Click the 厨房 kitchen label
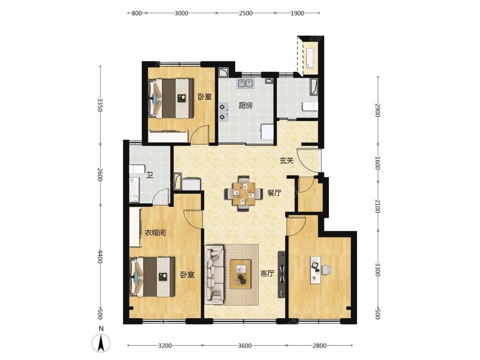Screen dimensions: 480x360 pyautogui.click(x=245, y=106)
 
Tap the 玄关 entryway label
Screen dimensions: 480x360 pyautogui.click(x=287, y=160)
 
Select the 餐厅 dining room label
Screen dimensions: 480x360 pyautogui.click(x=274, y=193)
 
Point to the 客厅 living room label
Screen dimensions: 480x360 pyautogui.click(x=267, y=274)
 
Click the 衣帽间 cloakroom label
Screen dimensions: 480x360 pyautogui.click(x=155, y=233)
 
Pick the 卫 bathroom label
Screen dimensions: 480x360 pyautogui.click(x=150, y=175)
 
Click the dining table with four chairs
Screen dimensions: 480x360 pyautogui.click(x=244, y=193)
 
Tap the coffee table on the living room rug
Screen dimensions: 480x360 pyautogui.click(x=240, y=274)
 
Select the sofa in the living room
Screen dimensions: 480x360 pyautogui.click(x=215, y=274)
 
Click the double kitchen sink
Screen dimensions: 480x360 pyautogui.click(x=245, y=83)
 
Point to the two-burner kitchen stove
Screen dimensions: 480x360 pyautogui.click(x=223, y=112)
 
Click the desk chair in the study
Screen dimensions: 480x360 pyautogui.click(x=326, y=270)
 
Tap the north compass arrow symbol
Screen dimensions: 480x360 pyautogui.click(x=101, y=343)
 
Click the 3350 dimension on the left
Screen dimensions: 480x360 pyautogui.click(x=99, y=105)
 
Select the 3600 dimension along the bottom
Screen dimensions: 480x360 pyautogui.click(x=245, y=346)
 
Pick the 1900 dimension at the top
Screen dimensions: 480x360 pyautogui.click(x=297, y=13)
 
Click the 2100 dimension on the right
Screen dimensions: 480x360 pyautogui.click(x=378, y=206)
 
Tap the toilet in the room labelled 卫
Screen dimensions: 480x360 pyautogui.click(x=137, y=169)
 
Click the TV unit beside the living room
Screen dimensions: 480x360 pyautogui.click(x=282, y=275)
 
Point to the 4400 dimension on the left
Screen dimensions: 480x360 pyautogui.click(x=99, y=256)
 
